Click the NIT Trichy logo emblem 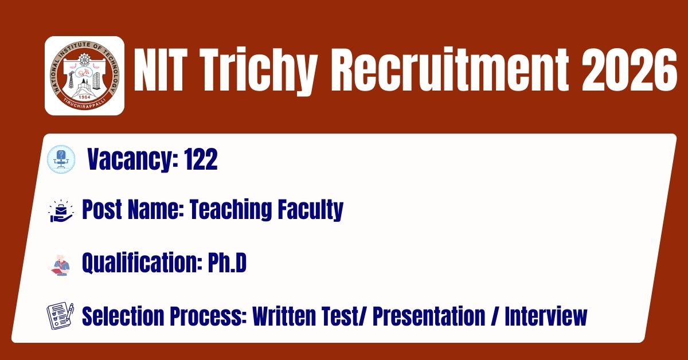tap(84, 76)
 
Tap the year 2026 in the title tap(629, 70)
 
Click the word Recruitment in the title tap(450, 70)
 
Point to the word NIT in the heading tap(159, 70)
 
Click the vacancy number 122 tap(201, 159)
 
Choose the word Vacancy tap(132, 160)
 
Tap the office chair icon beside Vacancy tap(61, 159)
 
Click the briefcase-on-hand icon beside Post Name tap(61, 211)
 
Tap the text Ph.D tap(227, 263)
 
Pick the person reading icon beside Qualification tap(60, 265)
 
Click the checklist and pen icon tap(60, 316)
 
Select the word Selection tap(123, 316)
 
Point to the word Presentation tap(429, 316)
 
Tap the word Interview tap(546, 316)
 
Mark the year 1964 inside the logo tap(84, 97)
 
